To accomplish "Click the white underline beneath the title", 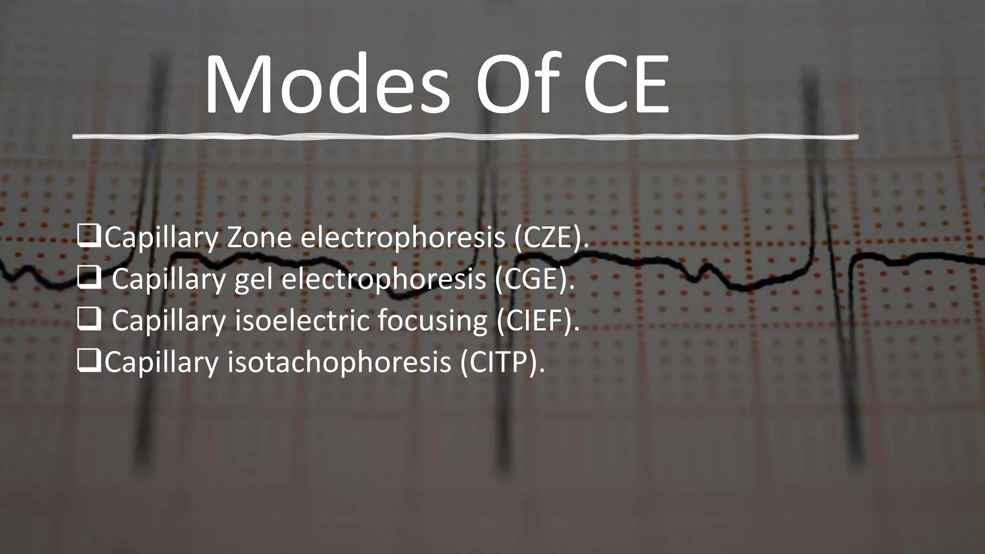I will [x=465, y=137].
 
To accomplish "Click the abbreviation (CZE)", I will [x=551, y=238].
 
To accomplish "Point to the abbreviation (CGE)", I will [x=535, y=279].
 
